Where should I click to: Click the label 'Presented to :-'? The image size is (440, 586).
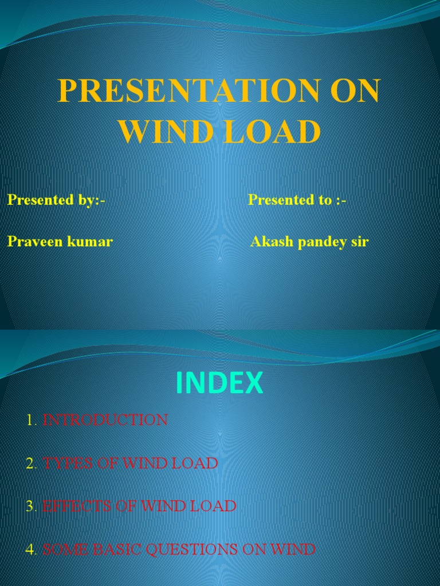[x=297, y=200]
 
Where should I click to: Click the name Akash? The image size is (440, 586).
[x=272, y=241]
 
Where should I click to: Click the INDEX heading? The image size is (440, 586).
[x=220, y=383]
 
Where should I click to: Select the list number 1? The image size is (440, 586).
[x=30, y=421]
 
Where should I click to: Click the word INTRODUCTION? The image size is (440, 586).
[x=105, y=420]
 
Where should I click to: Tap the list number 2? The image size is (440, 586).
[x=30, y=464]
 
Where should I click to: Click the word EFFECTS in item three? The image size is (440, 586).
[x=76, y=506]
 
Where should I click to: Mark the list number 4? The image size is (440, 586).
[x=30, y=550]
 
